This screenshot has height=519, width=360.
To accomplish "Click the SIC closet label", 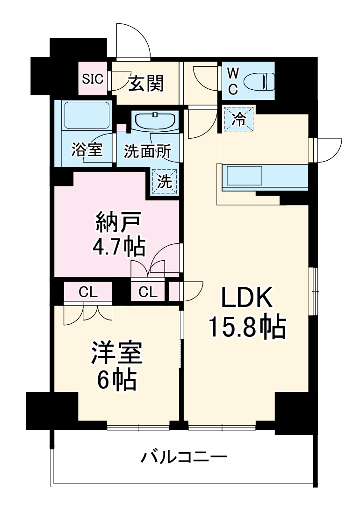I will point(93,78).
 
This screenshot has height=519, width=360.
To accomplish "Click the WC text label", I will point(233,81).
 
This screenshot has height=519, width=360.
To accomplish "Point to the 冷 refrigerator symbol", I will point(238,119).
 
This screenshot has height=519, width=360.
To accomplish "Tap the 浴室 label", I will point(87,150).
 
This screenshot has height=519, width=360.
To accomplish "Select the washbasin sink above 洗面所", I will point(155,121).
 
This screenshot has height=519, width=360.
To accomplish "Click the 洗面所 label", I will point(147,151).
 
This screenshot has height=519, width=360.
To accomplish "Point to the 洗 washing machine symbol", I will point(164,181).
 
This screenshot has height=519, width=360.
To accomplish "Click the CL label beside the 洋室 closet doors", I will point(87,293).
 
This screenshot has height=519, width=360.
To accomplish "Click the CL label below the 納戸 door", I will point(148,293).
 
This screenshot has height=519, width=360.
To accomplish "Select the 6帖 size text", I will point(116,381).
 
